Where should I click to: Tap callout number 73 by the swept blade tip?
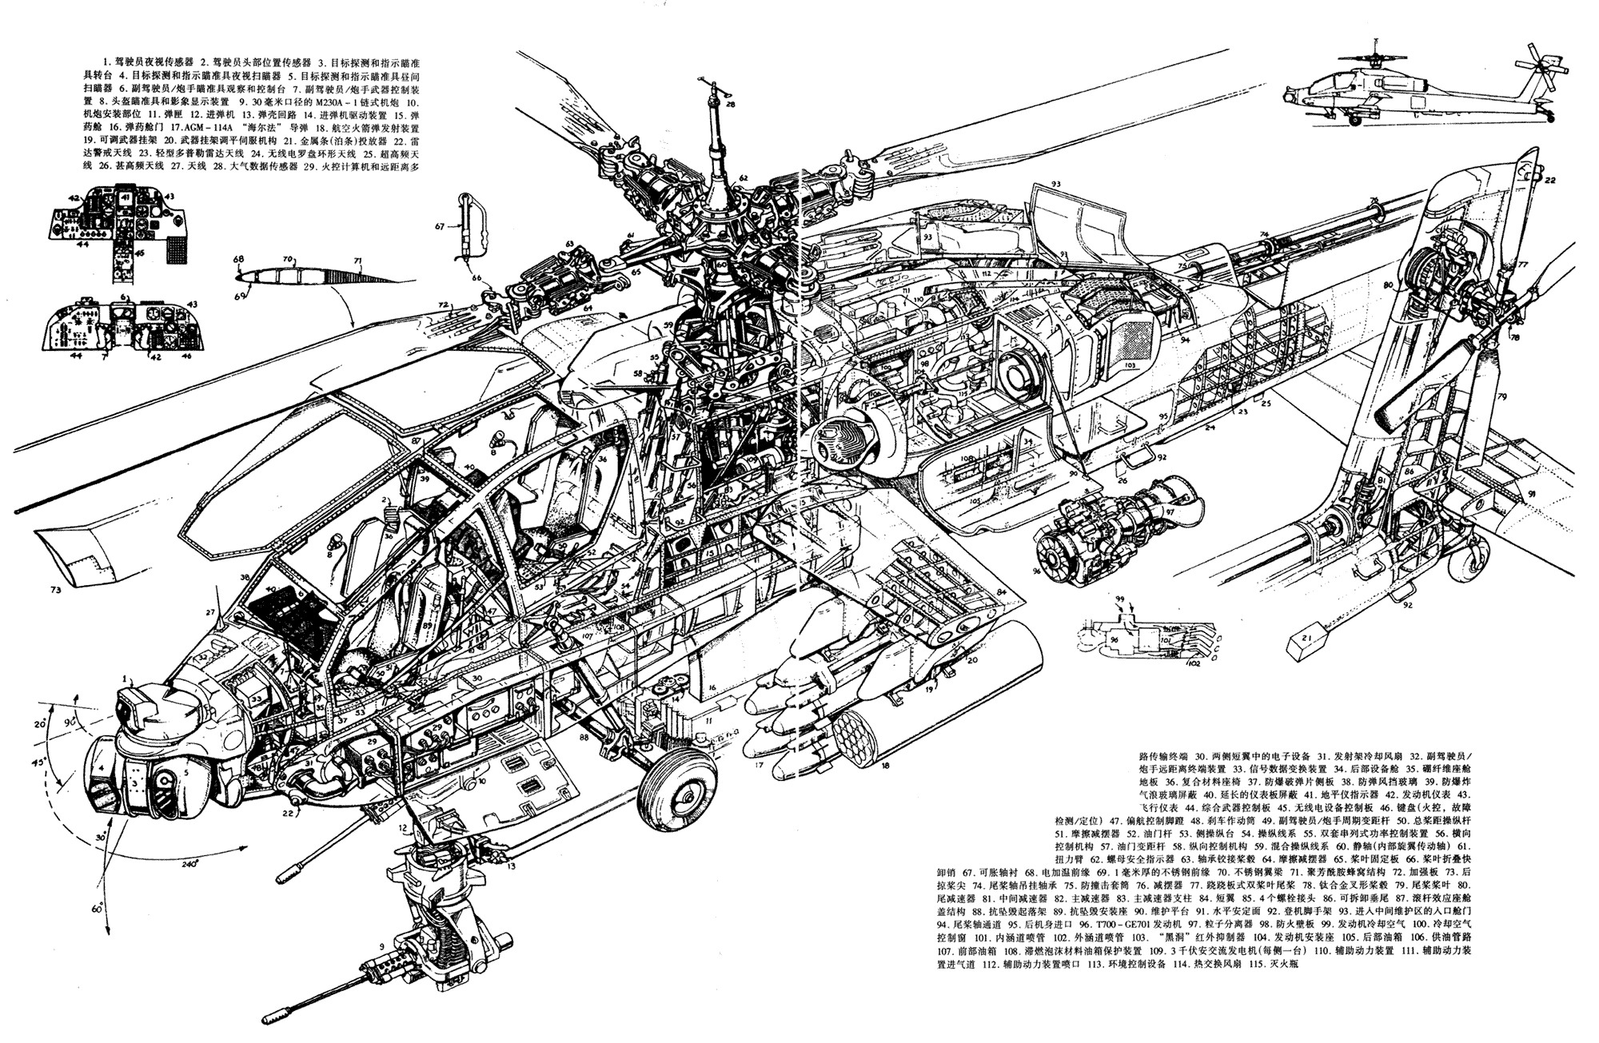(54, 591)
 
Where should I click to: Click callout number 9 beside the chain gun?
(382, 946)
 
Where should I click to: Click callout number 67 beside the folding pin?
(439, 226)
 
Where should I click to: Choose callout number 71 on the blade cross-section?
(358, 261)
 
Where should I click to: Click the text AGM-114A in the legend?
(233, 127)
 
